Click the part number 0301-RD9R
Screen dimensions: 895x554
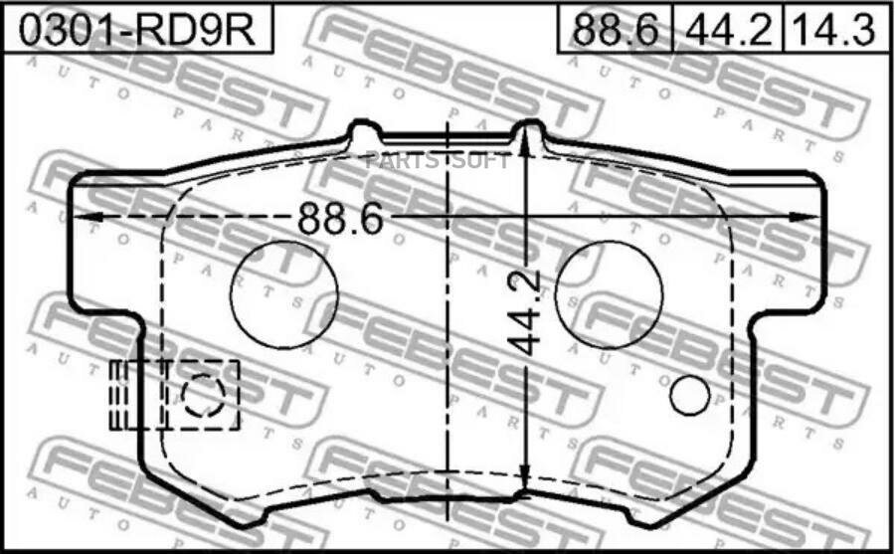(x=137, y=30)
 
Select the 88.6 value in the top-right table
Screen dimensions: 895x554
(x=616, y=30)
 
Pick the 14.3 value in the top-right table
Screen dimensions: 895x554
(x=832, y=30)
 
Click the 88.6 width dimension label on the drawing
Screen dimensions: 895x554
(x=341, y=218)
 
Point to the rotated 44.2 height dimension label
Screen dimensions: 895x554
(x=524, y=312)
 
